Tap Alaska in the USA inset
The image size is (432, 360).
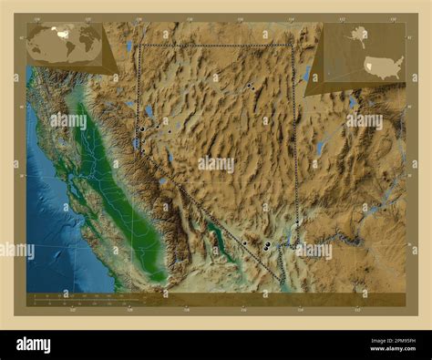358,38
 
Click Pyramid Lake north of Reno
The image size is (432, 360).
149,111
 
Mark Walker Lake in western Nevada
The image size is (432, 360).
170,157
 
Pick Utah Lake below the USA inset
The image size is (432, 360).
350,102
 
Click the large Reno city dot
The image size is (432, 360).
142,129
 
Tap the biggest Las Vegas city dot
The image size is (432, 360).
265,246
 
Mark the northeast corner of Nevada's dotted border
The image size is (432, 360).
292,45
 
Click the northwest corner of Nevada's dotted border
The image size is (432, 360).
137,44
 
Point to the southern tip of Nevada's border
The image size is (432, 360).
281,281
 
